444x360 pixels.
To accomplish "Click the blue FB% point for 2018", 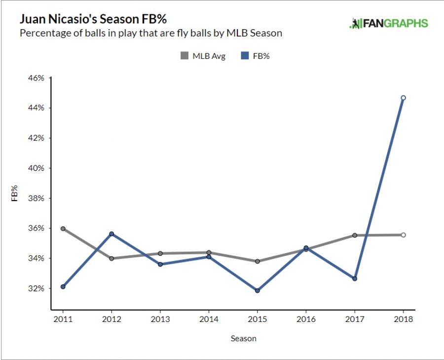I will coord(403,98).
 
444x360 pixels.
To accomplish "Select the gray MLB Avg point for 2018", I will coord(403,235).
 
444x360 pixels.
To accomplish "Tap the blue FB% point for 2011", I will coord(63,286).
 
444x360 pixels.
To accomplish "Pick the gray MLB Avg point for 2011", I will coord(63,229).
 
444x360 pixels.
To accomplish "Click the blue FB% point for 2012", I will coord(111,234).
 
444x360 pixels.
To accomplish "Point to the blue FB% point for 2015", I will coord(257,290).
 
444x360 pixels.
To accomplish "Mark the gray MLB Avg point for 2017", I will coord(354,235).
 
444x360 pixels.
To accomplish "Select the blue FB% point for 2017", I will coord(354,279).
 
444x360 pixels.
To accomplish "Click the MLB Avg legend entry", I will coord(203,56).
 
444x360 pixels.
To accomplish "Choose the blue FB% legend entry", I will coord(256,56).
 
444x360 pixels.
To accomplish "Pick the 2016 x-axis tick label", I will coord(306,319).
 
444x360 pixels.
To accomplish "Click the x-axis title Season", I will coord(244,339).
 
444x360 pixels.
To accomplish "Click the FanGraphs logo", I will coord(389,23).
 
